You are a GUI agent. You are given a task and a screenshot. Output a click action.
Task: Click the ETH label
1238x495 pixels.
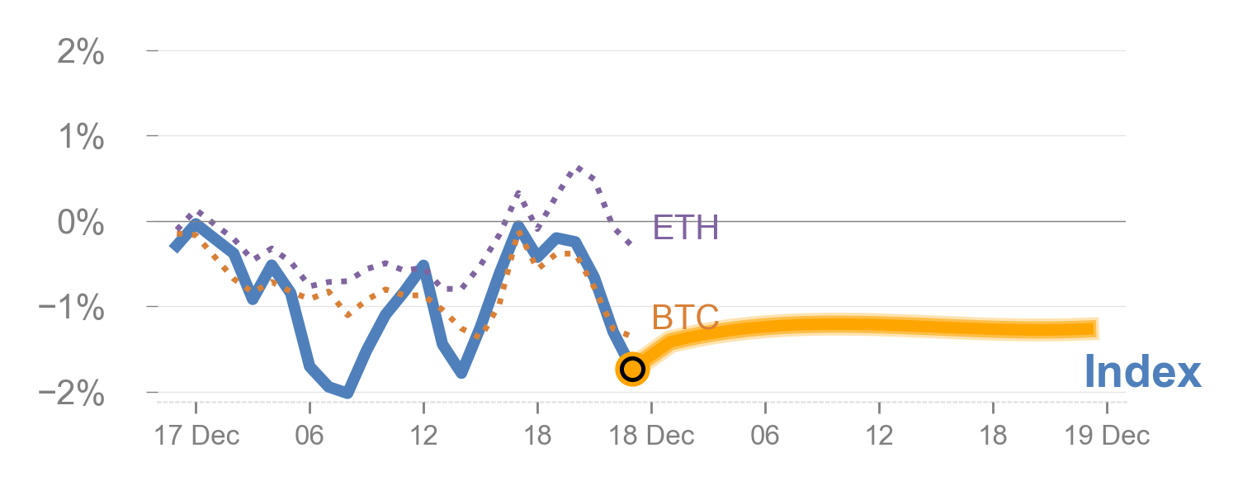coord(685,228)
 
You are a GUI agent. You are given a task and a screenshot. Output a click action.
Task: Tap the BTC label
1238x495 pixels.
coord(685,318)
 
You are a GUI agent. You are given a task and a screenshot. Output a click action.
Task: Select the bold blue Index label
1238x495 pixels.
coord(1142,372)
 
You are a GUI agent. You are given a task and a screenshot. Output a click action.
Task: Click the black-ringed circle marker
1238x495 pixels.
coord(632,369)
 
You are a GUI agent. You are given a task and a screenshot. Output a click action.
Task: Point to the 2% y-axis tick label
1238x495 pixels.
coord(80,54)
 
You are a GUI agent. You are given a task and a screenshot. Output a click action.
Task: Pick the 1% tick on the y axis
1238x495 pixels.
coord(80,139)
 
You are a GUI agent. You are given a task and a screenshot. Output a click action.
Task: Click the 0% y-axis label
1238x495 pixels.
coord(80,224)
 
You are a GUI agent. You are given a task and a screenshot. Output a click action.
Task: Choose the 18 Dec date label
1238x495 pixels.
coord(652,436)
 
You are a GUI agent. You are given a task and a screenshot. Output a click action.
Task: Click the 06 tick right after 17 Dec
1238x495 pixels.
coord(309,436)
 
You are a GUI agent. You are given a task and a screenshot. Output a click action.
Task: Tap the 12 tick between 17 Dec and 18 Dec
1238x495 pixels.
coord(423,436)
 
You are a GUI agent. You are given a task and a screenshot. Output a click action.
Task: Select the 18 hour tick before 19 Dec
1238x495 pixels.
coord(994,436)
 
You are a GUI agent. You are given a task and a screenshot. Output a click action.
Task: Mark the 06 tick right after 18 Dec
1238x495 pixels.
coord(765,436)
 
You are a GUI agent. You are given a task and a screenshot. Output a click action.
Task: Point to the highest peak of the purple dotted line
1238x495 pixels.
coord(579,168)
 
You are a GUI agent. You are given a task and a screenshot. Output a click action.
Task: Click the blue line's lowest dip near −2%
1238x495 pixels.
coord(347,393)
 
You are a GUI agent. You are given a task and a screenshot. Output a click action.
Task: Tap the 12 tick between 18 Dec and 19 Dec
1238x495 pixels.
coord(880,436)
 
